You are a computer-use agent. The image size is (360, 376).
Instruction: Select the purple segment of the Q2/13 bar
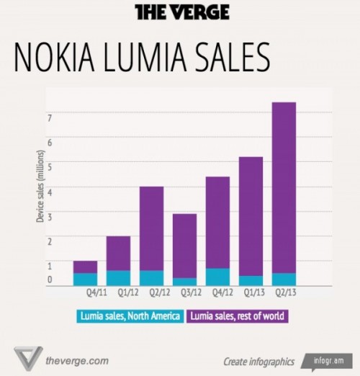click(284, 187)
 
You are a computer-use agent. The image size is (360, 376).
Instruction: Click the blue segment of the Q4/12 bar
click(217, 277)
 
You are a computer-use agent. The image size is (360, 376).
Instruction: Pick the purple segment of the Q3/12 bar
click(184, 246)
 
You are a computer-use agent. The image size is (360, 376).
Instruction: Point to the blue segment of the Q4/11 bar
click(85, 279)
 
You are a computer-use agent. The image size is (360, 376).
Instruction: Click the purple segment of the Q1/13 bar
click(251, 215)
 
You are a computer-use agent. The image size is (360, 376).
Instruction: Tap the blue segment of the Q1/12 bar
click(118, 277)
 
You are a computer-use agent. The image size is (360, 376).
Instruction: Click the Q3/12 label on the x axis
click(184, 293)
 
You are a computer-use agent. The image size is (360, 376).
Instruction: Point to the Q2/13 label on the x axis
click(284, 293)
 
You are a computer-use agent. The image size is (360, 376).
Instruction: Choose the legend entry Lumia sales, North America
click(130, 315)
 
